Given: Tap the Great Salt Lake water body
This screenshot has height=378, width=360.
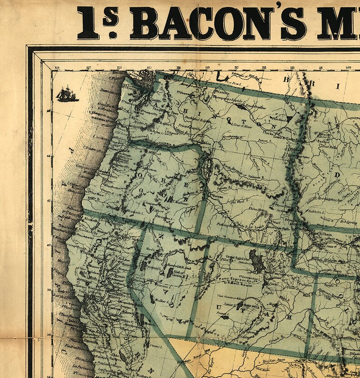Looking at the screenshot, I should pos(256,260).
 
